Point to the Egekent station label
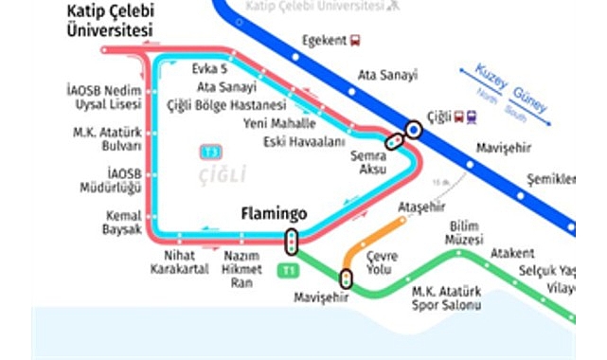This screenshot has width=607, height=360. (322, 40)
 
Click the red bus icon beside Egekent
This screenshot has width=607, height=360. (355, 40)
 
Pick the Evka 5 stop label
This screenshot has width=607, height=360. (210, 69)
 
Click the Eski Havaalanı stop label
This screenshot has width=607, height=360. (305, 142)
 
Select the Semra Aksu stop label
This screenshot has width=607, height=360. (367, 162)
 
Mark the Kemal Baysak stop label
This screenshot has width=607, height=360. (123, 223)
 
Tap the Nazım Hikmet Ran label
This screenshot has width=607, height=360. (241, 268)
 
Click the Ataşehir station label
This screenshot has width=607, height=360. (421, 207)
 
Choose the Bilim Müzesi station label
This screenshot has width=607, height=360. (466, 232)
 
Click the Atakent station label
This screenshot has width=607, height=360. (512, 253)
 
